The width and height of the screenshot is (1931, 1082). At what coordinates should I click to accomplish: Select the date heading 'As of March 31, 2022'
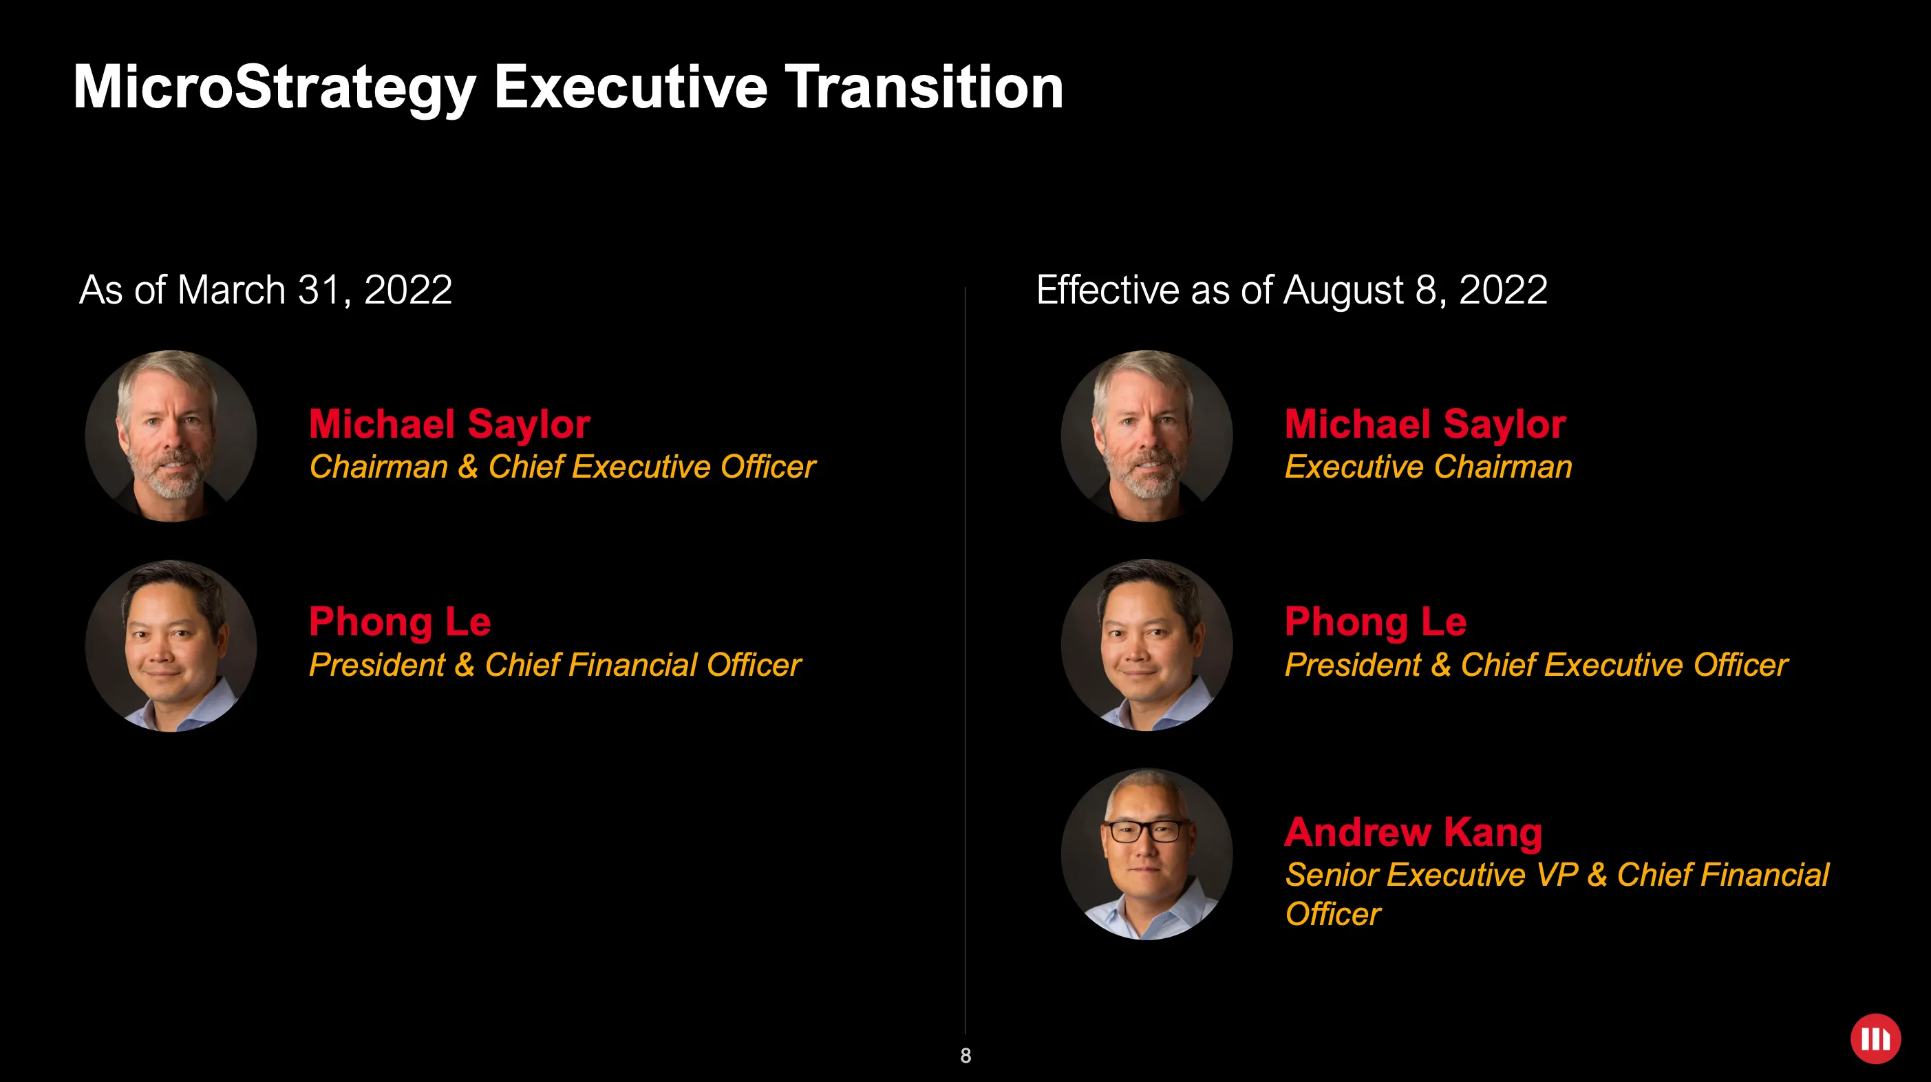click(266, 290)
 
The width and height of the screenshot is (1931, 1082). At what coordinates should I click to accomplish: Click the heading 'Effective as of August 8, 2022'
click(1291, 290)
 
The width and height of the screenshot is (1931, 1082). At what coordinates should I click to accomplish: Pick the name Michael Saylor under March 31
click(450, 424)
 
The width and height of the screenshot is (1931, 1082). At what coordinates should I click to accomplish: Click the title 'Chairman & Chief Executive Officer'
click(562, 467)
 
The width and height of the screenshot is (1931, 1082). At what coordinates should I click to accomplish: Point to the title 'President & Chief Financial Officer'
click(555, 664)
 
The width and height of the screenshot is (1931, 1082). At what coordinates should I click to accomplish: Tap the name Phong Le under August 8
click(1375, 622)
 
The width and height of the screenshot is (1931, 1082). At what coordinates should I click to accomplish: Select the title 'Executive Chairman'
click(1428, 467)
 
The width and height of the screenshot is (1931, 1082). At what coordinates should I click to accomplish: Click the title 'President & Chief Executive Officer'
click(1536, 664)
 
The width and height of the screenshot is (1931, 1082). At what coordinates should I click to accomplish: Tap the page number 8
click(965, 1056)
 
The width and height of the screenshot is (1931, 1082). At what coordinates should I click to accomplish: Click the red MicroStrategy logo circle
click(1875, 1039)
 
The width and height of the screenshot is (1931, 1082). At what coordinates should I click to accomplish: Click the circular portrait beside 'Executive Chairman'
click(1146, 436)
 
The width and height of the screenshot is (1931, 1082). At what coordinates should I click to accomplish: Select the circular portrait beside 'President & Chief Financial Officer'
click(171, 646)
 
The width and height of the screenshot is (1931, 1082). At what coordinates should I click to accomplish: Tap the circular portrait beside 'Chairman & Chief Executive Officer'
click(171, 436)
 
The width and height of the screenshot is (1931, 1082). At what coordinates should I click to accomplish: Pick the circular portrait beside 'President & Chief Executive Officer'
click(1146, 645)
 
